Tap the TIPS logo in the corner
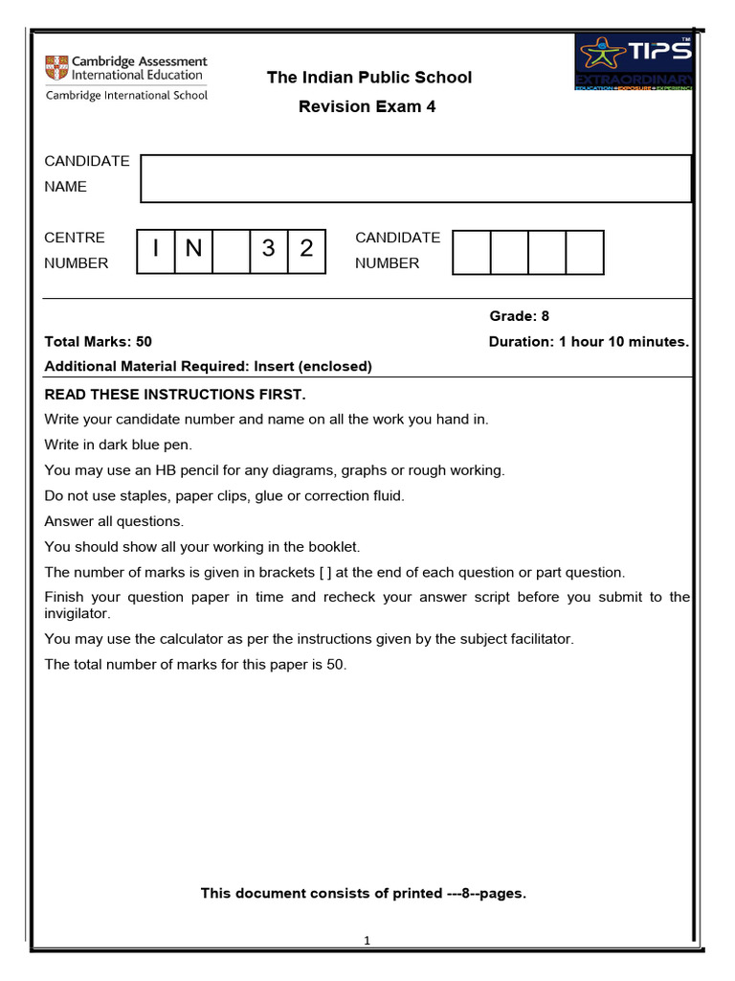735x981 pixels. [634, 62]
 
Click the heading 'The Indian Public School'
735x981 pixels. [368, 78]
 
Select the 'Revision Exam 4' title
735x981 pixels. [367, 106]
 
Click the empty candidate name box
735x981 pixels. [415, 178]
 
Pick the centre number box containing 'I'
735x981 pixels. [156, 250]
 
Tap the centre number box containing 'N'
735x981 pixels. [193, 250]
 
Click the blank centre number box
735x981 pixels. [231, 250]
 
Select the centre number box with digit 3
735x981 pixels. [269, 250]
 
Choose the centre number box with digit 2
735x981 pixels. [306, 250]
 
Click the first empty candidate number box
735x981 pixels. [471, 252]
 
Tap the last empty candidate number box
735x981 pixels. [585, 252]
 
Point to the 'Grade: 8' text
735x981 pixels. [520, 316]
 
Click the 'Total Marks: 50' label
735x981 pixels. [99, 341]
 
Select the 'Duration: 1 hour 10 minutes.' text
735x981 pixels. [589, 341]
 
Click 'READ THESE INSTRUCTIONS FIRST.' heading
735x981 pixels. [175, 395]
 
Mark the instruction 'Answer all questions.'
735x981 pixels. [114, 521]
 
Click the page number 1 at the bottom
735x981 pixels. [367, 941]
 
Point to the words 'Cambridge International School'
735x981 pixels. [126, 95]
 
